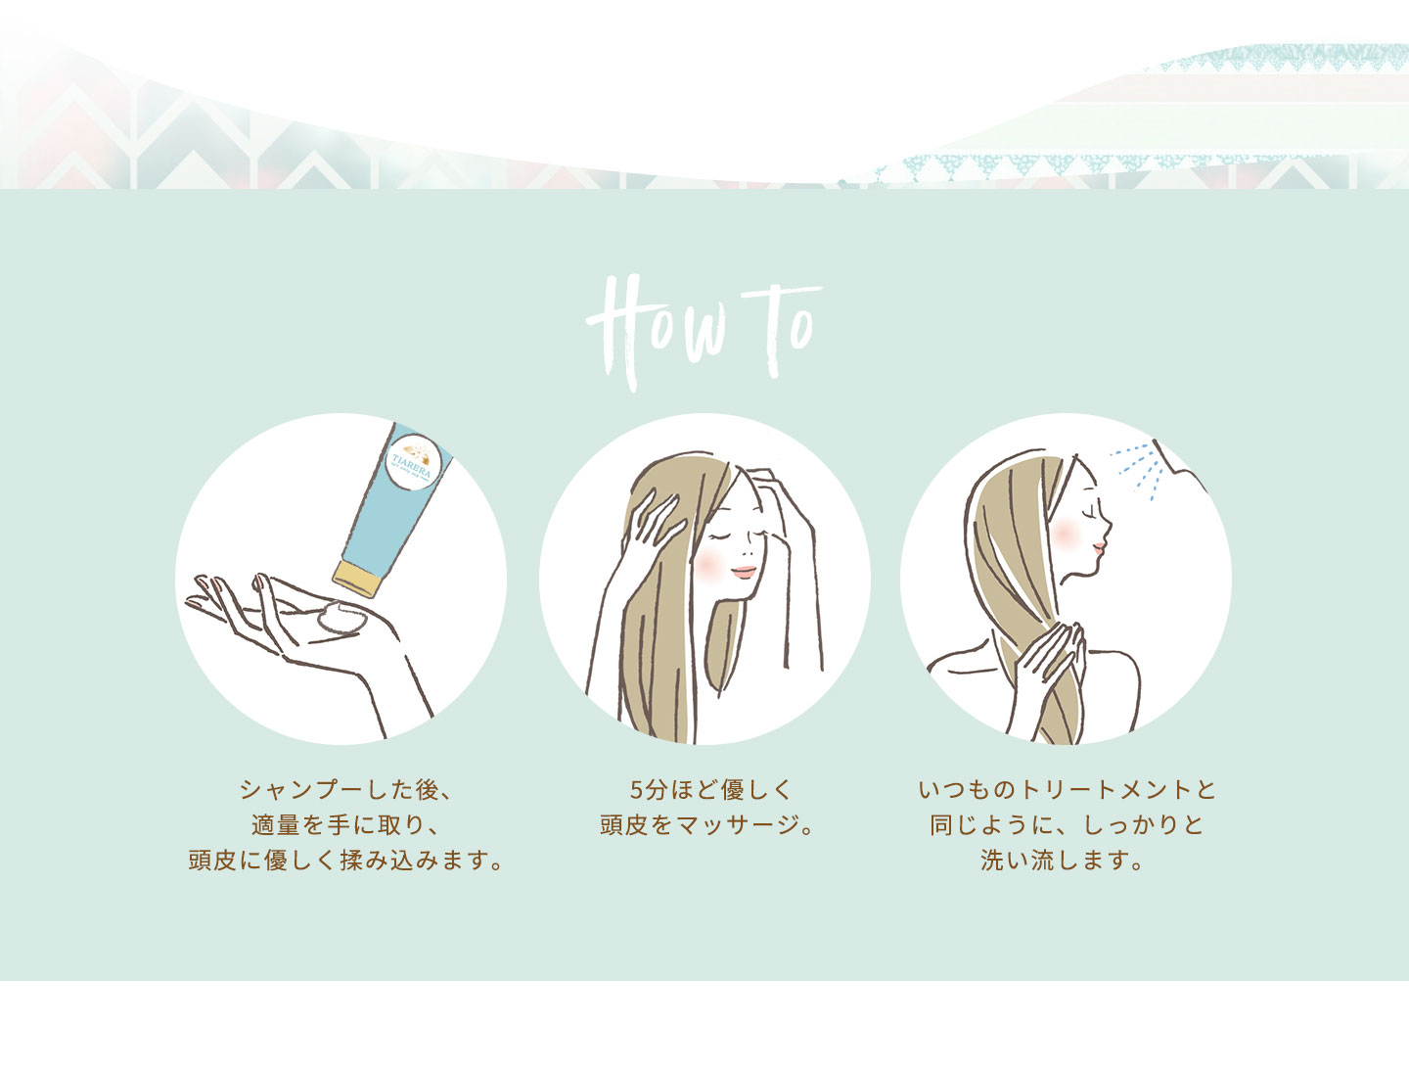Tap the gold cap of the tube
pos(357,578)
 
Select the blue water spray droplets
pos(1137,469)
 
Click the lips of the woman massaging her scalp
pos(744,572)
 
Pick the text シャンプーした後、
pos(347,790)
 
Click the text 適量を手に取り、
pos(346,825)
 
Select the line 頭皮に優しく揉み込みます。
pos(346,861)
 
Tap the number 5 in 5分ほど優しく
pos(636,790)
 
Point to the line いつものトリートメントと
pos(1067,790)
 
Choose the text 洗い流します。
pos(1063,861)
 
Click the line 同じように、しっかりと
pos(1067,825)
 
